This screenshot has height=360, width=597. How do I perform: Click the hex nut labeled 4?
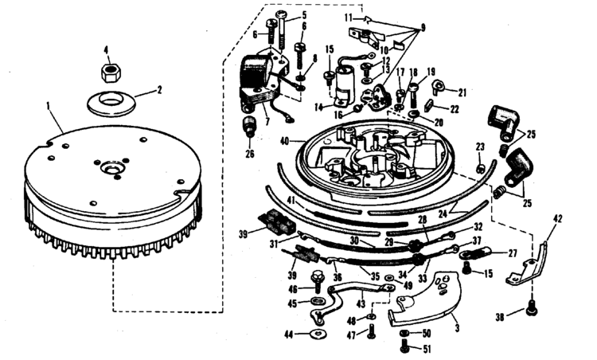(x=111, y=72)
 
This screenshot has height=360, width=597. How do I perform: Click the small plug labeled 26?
(x=250, y=126)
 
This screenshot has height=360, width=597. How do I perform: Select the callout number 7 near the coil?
(x=267, y=123)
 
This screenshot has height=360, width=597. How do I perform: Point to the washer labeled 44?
(x=318, y=334)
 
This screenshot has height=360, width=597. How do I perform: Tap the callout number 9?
(x=423, y=26)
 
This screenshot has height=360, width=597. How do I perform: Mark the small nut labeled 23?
(x=481, y=167)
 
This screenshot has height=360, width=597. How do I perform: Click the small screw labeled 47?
(x=371, y=332)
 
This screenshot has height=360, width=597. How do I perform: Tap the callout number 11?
(x=348, y=16)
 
